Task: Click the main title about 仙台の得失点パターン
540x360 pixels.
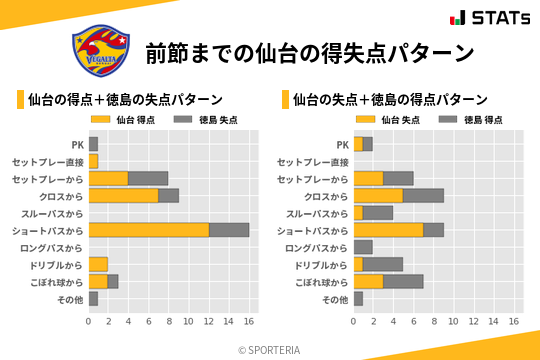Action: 308,52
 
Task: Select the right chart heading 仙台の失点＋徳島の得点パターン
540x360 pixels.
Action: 390,100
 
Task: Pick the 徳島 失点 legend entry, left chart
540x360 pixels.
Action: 200,120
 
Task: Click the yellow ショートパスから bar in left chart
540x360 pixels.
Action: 149,230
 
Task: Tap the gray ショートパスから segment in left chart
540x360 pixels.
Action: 229,230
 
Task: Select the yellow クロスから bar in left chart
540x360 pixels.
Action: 124,195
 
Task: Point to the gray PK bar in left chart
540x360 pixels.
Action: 93,144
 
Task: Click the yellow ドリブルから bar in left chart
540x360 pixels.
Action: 98,264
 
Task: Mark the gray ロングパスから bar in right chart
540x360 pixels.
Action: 363,247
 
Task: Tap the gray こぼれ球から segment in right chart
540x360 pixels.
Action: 403,281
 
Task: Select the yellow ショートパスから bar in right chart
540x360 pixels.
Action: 388,230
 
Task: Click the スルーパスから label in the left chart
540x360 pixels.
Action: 54,213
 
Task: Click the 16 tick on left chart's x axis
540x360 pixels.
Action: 249,322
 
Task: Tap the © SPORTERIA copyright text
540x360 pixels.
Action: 270,349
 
